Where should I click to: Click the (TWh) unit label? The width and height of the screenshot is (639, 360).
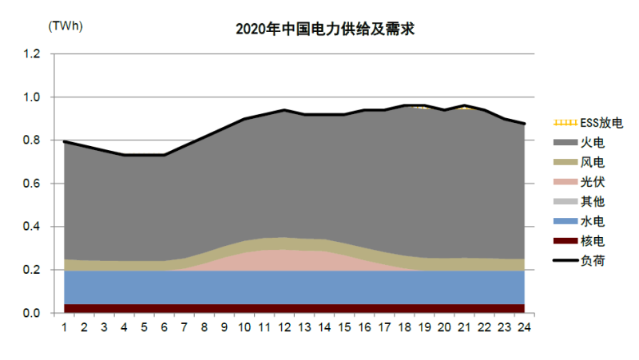65,26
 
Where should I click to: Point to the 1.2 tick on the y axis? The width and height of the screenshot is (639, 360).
32,54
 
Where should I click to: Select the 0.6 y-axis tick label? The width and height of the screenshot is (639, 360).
32,184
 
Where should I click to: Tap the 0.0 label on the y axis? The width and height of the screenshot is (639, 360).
32,313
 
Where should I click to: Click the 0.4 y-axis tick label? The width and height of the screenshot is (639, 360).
32,227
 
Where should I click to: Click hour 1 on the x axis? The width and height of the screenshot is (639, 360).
63,326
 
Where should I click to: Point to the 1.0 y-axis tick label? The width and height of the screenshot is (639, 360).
32,97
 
